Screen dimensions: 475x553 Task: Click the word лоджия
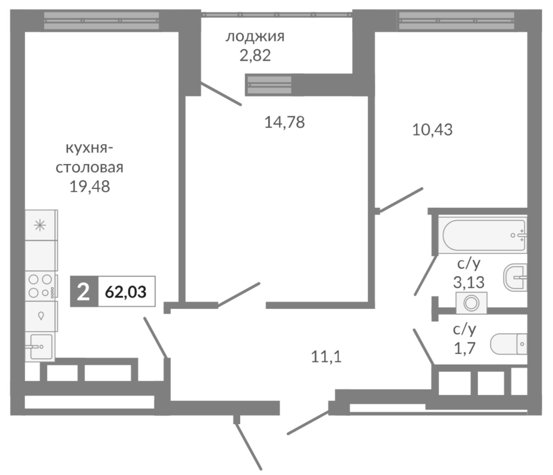point(255,37)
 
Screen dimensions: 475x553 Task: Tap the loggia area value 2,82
point(255,56)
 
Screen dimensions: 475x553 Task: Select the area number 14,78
point(284,122)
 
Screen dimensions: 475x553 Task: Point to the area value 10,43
point(432,130)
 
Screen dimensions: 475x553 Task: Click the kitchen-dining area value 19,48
point(89,187)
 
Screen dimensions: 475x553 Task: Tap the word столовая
point(89,168)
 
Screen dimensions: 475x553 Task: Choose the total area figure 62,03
point(126,292)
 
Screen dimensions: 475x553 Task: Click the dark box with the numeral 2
point(84,292)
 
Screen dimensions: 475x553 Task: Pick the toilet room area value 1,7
point(465,349)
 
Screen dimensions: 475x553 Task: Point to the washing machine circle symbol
point(471,303)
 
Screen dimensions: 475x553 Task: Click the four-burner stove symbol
point(40,286)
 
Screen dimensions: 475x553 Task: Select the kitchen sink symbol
point(41,346)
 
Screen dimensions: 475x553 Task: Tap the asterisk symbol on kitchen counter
point(40,226)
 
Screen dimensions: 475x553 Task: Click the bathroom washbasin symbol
point(515,277)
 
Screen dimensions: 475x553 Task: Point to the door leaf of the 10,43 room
point(401,200)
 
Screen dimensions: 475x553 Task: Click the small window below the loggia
point(269,85)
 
